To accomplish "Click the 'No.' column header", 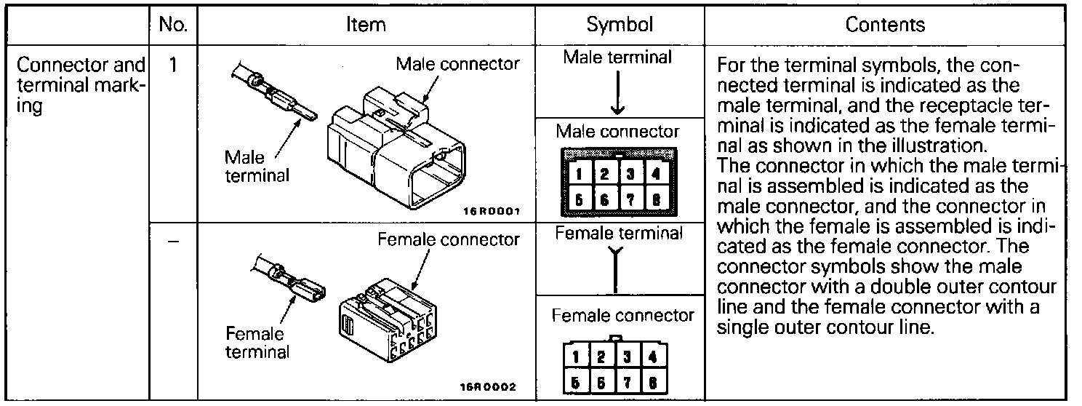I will [173, 25].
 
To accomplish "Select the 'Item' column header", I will [366, 25].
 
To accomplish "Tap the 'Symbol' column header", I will [620, 25].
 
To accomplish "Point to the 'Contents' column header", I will [885, 25].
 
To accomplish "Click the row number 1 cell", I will [173, 65].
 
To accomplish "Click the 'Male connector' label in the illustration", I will [457, 64].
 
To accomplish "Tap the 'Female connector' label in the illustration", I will [449, 239].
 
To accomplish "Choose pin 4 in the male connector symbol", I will [655, 174].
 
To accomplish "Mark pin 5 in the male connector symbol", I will [579, 199].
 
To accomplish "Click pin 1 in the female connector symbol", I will [577, 357].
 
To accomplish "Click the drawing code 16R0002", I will [490, 388].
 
